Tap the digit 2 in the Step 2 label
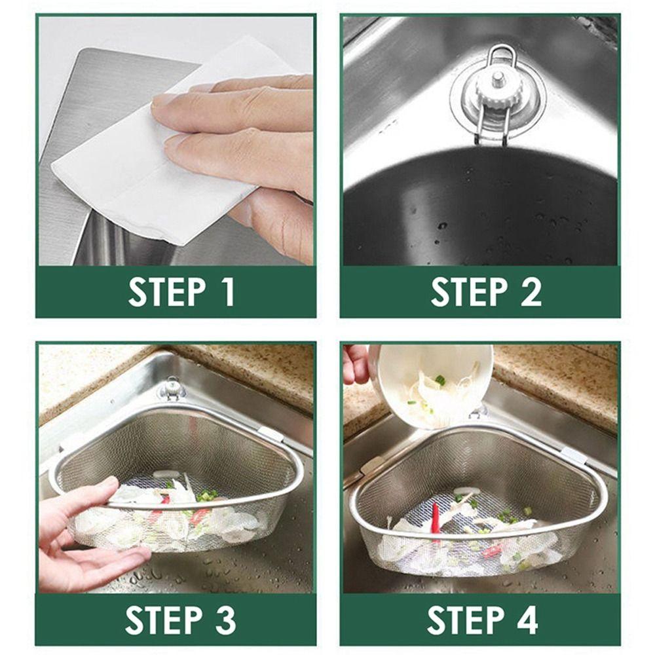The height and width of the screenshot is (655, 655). [x=531, y=292]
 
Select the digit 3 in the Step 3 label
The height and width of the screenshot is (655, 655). [x=226, y=620]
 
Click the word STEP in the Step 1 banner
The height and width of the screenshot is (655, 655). [x=166, y=292]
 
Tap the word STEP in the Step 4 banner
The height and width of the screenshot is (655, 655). [x=466, y=620]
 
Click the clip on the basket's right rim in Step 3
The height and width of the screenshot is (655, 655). [x=270, y=434]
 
